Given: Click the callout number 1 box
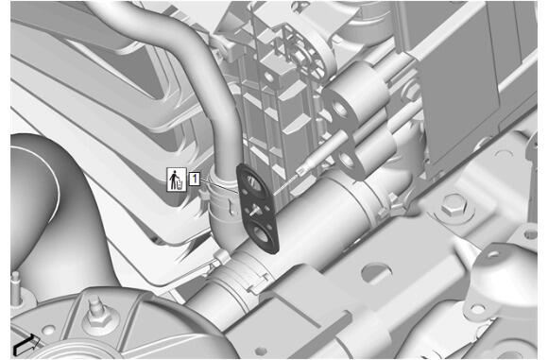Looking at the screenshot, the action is [195, 179].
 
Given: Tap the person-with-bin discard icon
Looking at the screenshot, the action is [177, 180].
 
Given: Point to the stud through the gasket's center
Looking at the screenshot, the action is [254, 210].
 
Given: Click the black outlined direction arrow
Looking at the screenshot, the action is [26, 345].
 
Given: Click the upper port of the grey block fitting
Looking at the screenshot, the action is [340, 109].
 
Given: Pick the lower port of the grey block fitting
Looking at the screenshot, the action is [347, 159].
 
